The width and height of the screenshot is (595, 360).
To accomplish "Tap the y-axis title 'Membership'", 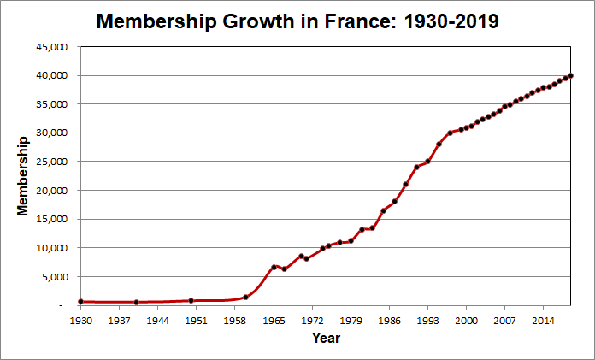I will tap(23, 174).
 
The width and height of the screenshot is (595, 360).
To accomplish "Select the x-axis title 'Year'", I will tap(325, 339).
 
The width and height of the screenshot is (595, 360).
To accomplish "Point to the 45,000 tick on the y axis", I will tap(51, 47).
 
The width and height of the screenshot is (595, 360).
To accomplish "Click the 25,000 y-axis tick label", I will tap(51, 162).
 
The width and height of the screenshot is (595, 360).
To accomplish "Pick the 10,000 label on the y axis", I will tap(51, 248).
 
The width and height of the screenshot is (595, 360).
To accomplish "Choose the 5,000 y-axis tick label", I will tap(54, 276).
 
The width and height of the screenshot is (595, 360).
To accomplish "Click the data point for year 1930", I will tap(80, 301).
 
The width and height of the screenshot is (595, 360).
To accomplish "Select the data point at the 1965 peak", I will tap(274, 267).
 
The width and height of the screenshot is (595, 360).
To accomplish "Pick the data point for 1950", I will tap(191, 300).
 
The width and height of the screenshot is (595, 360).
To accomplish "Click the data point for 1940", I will tap(136, 302).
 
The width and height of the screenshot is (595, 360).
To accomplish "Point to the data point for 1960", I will tap(246, 297).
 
